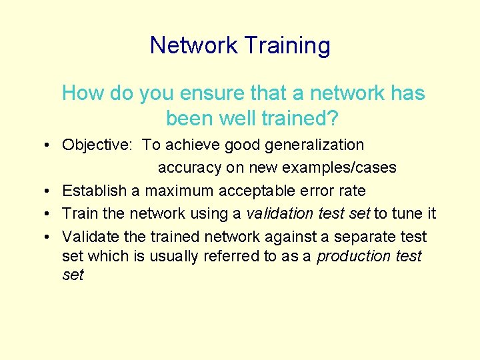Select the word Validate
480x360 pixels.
point(89,237)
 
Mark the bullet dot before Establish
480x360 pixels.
point(51,191)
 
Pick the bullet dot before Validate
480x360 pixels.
point(51,237)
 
